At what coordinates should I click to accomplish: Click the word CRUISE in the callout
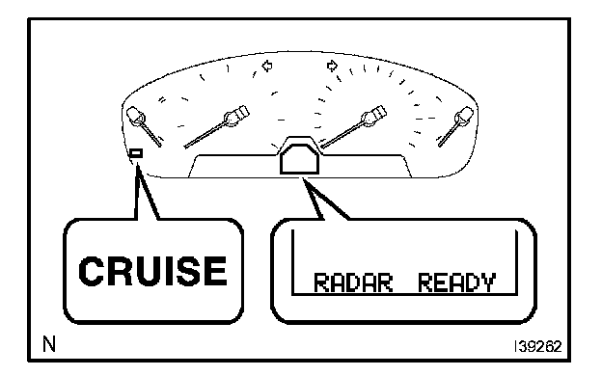[x=152, y=271]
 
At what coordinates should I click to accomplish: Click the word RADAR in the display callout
[x=353, y=282]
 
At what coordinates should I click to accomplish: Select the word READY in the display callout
[x=456, y=282]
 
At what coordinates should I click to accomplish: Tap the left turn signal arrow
[x=267, y=66]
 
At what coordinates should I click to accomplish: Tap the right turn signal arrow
[x=332, y=66]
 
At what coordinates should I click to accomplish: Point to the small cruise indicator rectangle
[x=136, y=153]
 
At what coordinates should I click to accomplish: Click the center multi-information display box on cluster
[x=299, y=159]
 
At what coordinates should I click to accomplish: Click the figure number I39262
[x=538, y=346]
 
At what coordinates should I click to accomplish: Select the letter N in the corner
[x=49, y=344]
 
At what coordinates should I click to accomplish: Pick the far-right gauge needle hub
[x=463, y=117]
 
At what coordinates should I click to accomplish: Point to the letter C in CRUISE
[x=91, y=271]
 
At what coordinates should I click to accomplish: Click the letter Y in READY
[x=487, y=282]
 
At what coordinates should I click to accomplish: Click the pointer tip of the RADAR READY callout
[x=303, y=178]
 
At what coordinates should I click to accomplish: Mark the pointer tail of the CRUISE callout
[x=137, y=164]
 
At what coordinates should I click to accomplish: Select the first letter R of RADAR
[x=321, y=282]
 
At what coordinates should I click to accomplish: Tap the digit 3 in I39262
[x=522, y=346]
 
